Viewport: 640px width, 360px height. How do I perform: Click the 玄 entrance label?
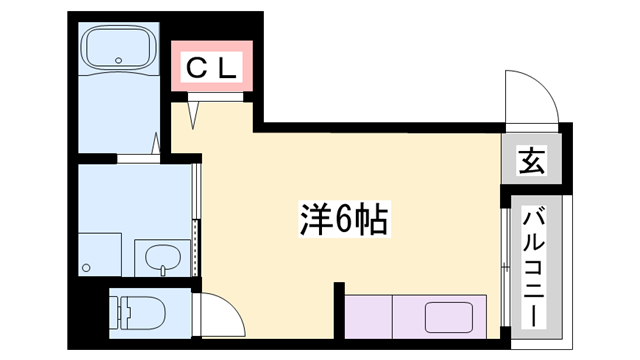coord(533,161)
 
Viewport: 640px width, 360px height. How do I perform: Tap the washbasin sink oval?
coord(160,259)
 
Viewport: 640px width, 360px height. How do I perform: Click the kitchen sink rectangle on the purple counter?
coord(453,317)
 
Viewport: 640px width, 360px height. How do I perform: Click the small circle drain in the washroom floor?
coord(87,267)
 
